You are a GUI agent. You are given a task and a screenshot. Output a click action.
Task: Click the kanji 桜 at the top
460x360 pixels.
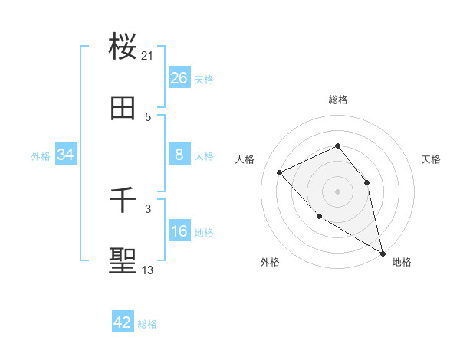123,47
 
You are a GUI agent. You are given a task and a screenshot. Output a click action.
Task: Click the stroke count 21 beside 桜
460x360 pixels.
148,55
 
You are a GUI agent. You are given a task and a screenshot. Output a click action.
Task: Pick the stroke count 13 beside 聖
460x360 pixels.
148,270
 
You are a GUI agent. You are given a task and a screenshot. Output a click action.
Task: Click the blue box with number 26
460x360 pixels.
179,78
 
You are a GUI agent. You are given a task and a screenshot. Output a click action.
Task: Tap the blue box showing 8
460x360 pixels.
179,155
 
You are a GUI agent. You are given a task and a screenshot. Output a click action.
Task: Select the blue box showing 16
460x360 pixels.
179,231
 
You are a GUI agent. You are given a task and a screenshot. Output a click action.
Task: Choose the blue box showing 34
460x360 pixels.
66,155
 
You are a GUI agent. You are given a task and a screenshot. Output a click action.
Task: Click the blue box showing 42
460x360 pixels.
123,322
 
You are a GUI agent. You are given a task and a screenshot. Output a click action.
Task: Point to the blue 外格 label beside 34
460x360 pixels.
41,156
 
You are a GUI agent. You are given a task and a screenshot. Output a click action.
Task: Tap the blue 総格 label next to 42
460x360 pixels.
147,324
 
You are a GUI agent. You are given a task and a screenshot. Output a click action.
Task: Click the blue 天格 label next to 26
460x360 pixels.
204,80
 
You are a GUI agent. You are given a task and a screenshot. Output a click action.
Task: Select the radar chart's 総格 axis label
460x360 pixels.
337,100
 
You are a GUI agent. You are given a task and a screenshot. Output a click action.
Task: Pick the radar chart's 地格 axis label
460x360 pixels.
402,262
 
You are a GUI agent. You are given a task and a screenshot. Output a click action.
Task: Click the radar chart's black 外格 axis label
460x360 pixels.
270,262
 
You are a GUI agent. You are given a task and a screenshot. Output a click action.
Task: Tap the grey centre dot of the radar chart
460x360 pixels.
337,191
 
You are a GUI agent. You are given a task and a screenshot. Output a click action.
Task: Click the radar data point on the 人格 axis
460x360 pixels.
280,172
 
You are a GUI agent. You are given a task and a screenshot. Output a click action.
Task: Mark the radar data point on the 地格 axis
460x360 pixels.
382,253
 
